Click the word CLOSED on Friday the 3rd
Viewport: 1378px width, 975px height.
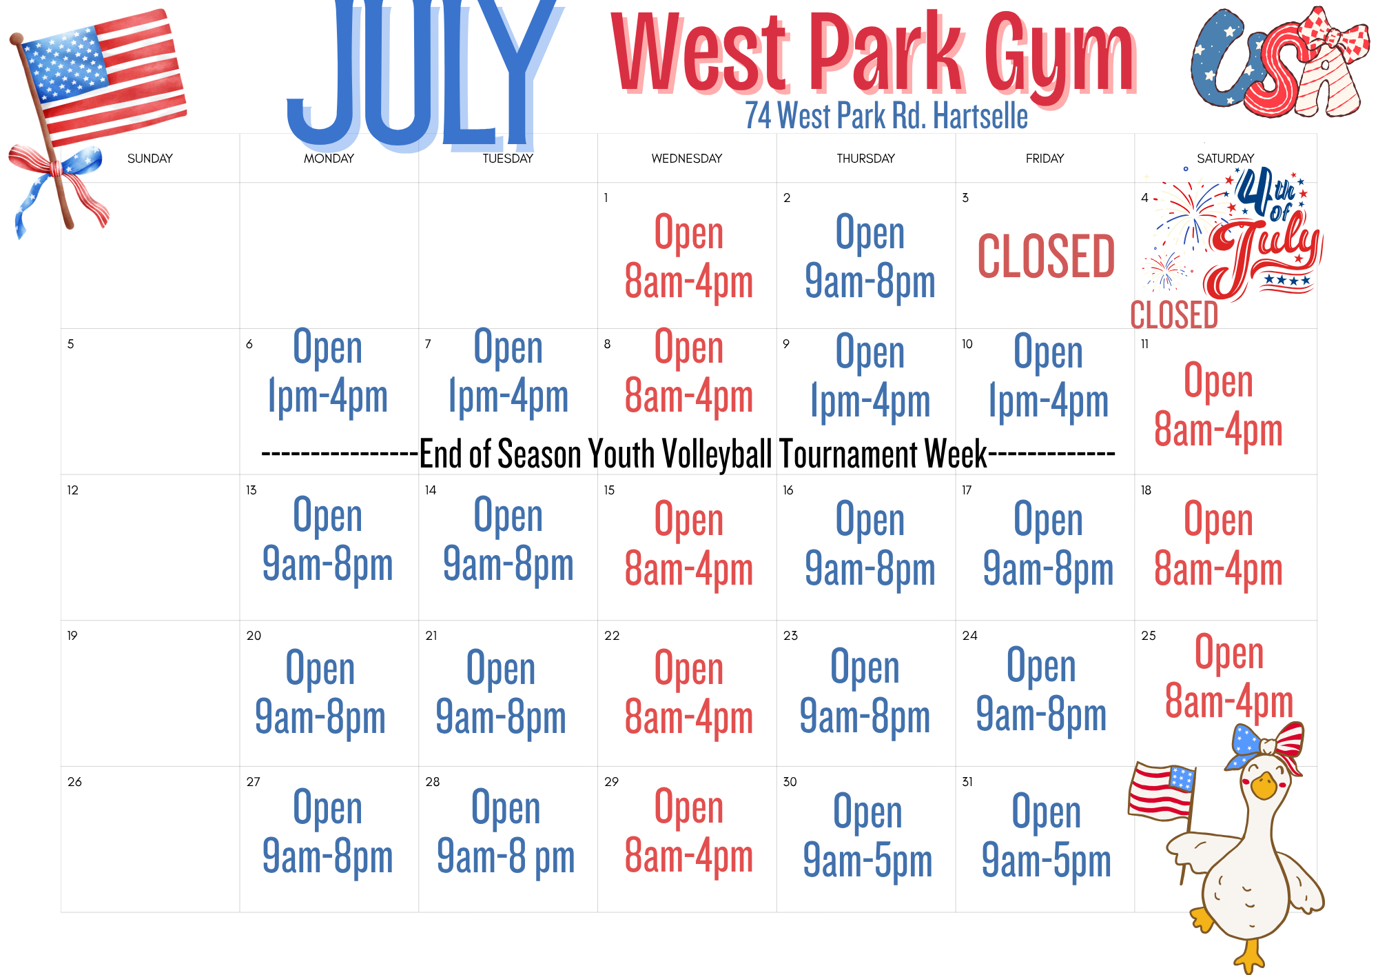click(x=1046, y=257)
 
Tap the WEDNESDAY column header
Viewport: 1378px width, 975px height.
click(x=687, y=159)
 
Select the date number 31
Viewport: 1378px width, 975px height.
click(x=967, y=782)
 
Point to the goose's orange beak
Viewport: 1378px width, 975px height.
click(x=1264, y=785)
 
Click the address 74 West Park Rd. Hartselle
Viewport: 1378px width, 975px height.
click(x=886, y=116)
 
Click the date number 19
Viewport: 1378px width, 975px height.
click(x=72, y=636)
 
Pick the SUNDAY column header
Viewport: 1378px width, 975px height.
click(x=150, y=159)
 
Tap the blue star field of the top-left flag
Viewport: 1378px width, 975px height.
click(x=64, y=64)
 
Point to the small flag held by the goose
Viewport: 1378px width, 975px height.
click(x=1162, y=792)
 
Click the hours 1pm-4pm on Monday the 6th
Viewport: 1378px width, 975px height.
click(x=328, y=396)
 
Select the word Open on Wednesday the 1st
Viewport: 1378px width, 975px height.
click(x=689, y=232)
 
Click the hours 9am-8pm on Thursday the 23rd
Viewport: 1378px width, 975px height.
click(x=865, y=716)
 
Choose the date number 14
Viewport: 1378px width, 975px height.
click(x=431, y=490)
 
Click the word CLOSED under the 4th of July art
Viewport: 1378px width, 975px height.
click(x=1174, y=314)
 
